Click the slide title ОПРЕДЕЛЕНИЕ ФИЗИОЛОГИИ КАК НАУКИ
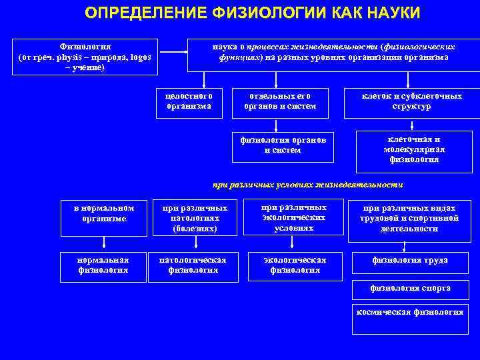(x=253, y=13)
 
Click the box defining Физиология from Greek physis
(x=85, y=57)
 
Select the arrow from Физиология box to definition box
(x=173, y=51)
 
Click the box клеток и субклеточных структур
(x=411, y=101)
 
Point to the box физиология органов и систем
(x=283, y=146)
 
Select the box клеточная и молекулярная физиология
(x=413, y=150)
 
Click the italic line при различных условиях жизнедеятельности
(x=307, y=185)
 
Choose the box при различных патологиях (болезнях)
(x=195, y=218)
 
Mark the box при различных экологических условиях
(x=294, y=217)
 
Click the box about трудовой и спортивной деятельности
(x=409, y=218)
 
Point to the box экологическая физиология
(x=295, y=265)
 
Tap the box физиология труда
(x=409, y=261)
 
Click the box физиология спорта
(x=410, y=289)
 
